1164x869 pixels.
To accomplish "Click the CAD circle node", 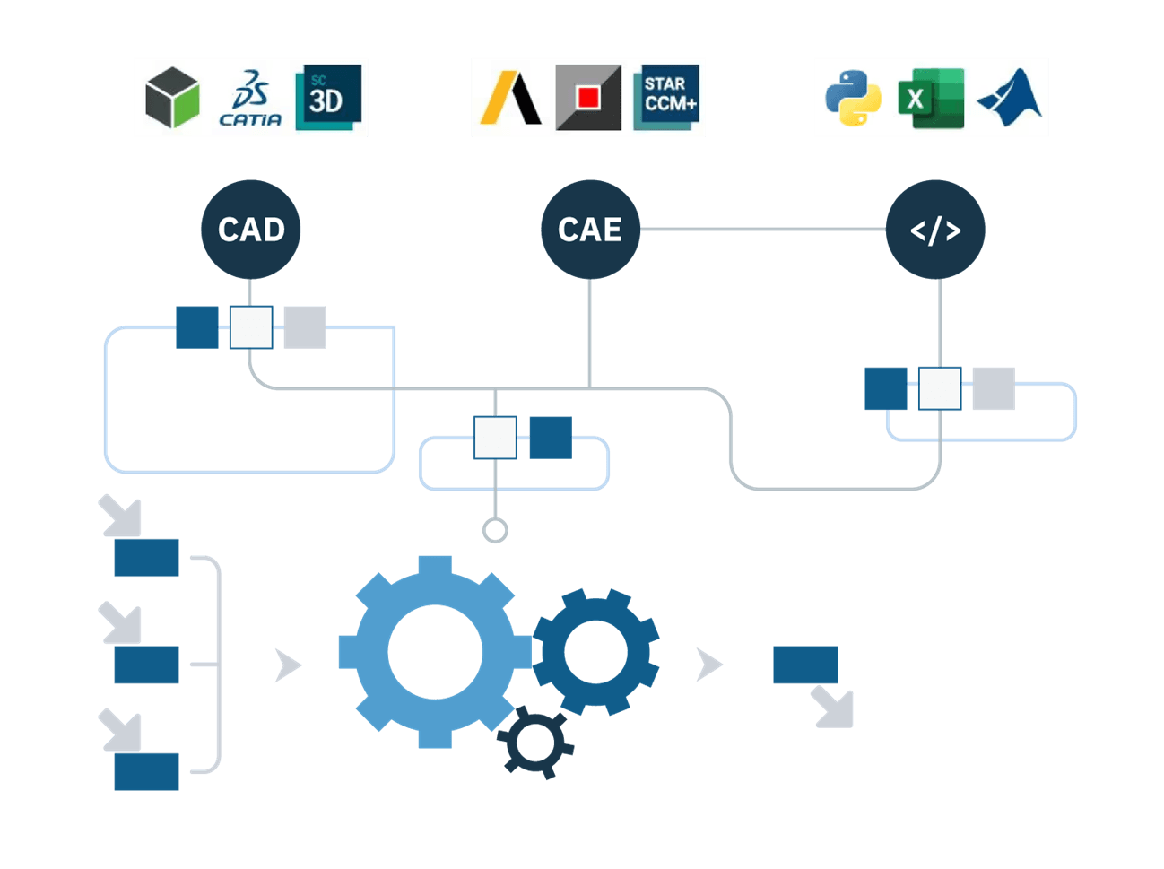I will (x=250, y=230).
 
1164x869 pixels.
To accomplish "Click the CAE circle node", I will (x=590, y=230).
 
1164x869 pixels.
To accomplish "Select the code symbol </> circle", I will (x=935, y=230).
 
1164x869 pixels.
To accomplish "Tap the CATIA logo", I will (x=250, y=98).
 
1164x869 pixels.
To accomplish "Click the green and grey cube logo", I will (x=172, y=98).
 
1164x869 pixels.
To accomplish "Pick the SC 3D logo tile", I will (x=328, y=98).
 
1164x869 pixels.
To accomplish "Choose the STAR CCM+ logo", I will (x=666, y=98).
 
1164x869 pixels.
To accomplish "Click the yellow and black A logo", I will (x=511, y=98).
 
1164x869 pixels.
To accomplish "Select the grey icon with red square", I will (x=588, y=98).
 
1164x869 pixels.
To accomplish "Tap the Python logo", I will (x=853, y=98).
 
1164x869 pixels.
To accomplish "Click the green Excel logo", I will (x=931, y=98).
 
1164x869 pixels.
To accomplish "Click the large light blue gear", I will (x=435, y=652).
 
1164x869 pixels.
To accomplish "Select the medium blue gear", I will (x=595, y=652).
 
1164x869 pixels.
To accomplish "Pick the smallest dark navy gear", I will (x=535, y=742).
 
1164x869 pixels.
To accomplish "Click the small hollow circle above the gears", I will (x=495, y=531).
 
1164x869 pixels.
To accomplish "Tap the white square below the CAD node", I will (x=251, y=327).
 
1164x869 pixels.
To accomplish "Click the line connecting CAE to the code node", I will (x=762, y=230).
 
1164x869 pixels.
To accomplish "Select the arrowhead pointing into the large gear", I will (x=288, y=665).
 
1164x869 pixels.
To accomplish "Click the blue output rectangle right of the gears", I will (x=805, y=665).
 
